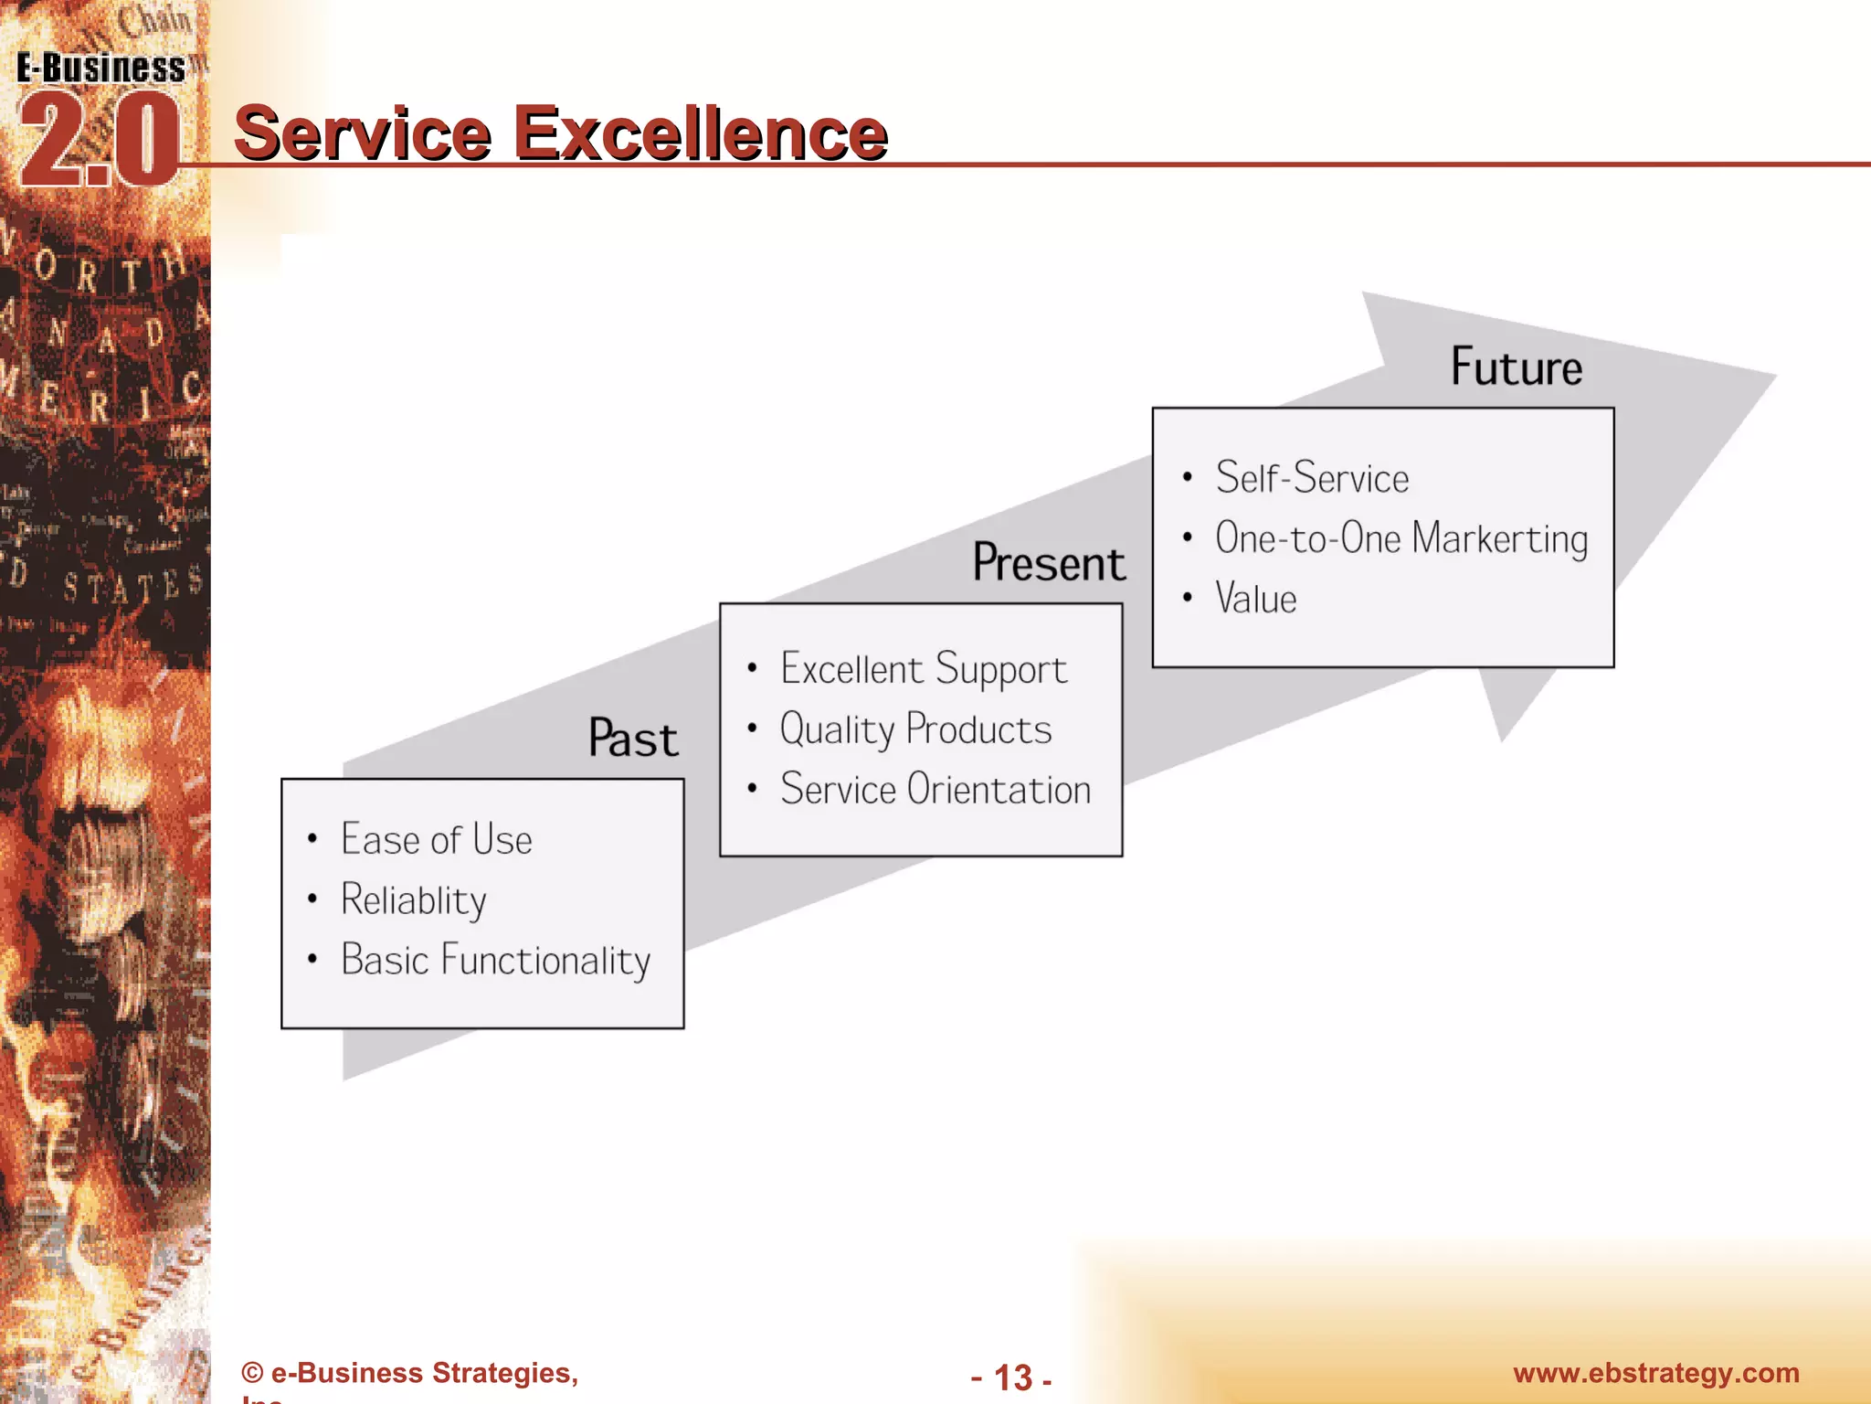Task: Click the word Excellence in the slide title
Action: coord(701,134)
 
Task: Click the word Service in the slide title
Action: coord(363,134)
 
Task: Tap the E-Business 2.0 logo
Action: coord(100,119)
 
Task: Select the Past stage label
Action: coord(633,739)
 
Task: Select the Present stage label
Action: coord(1049,562)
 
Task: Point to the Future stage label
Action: coord(1517,367)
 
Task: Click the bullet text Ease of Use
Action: coord(436,839)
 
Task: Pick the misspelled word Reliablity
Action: coord(413,900)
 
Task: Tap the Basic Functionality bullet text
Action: coord(495,961)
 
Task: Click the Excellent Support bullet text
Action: coord(923,670)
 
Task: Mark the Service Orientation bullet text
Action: coord(935,790)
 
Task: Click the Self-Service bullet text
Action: coord(1312,478)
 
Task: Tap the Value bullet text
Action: coord(1255,600)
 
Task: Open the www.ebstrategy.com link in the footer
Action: coord(1655,1373)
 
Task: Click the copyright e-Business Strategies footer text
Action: coord(409,1373)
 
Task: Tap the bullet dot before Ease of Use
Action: coord(312,838)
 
